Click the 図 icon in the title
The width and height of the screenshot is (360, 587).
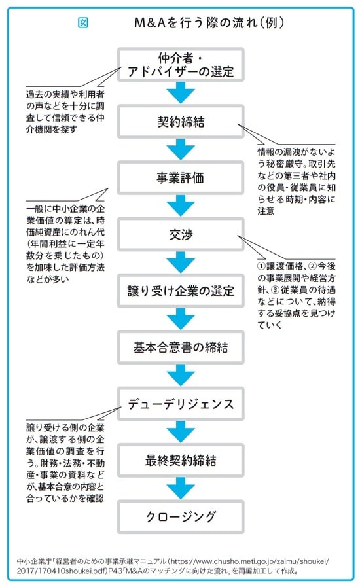[x=83, y=22]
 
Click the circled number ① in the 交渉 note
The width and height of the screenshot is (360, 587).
[x=261, y=267]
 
